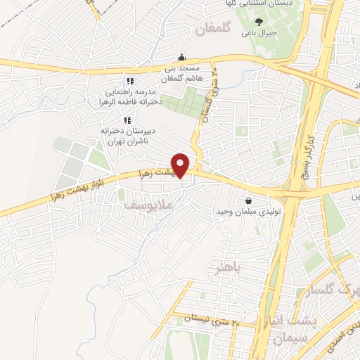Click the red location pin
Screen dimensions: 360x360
click(x=181, y=165)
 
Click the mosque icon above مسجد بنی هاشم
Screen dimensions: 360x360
click(x=183, y=58)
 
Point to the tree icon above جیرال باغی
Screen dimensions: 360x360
click(x=259, y=22)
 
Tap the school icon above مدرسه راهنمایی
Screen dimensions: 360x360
click(x=129, y=81)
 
